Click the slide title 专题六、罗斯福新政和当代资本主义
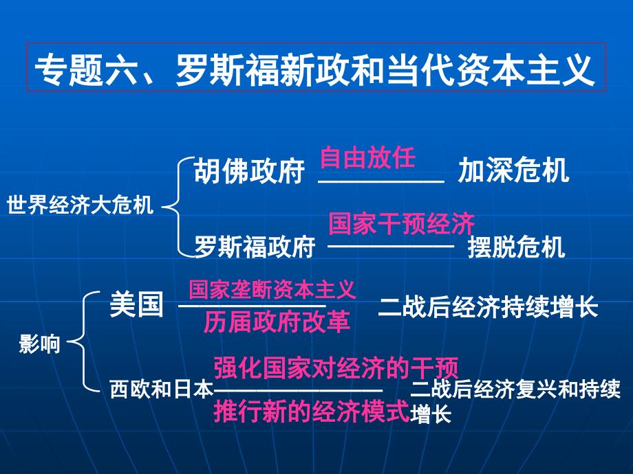click(315, 69)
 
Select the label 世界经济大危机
click(80, 206)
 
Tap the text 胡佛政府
click(249, 171)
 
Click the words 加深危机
click(514, 171)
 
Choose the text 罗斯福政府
click(254, 246)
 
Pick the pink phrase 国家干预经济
click(402, 223)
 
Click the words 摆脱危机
click(516, 246)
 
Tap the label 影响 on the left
click(39, 344)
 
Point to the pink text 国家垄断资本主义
click(272, 289)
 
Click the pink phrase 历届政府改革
click(277, 321)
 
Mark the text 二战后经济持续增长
click(488, 306)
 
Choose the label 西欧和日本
click(162, 390)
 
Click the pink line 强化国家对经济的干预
click(336, 368)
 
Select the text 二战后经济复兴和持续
click(515, 390)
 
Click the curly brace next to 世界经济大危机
click(174, 206)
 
